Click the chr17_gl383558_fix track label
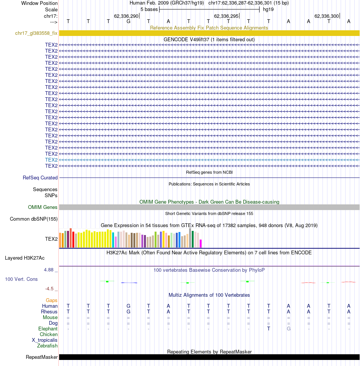pyautogui.click(x=36, y=33)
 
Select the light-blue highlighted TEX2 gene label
pyautogui.click(x=51, y=160)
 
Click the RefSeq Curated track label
pyautogui.click(x=40, y=178)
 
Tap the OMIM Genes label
pyautogui.click(x=42, y=207)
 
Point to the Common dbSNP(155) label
pyautogui.click(x=34, y=219)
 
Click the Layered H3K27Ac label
pyautogui.click(x=25, y=258)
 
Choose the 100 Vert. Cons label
pyautogui.click(x=21, y=279)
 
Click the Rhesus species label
pyautogui.click(x=49, y=311)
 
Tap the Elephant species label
pyautogui.click(x=48, y=329)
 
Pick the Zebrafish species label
pyautogui.click(x=47, y=346)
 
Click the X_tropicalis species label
pyautogui.click(x=45, y=340)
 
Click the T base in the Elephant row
pyautogui.click(x=269, y=329)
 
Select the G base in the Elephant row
pyautogui.click(x=289, y=329)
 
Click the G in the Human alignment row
pyautogui.click(x=128, y=306)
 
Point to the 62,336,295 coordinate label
pyautogui.click(x=226, y=16)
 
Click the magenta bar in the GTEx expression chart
pyautogui.click(x=200, y=243)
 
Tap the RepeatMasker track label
pyautogui.click(x=42, y=357)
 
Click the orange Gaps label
pyautogui.click(x=52, y=301)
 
